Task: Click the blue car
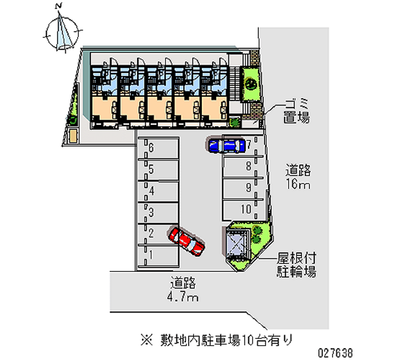click(227, 146)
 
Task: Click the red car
click(186, 241)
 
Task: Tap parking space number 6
click(158, 148)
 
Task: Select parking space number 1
click(158, 256)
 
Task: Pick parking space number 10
click(243, 209)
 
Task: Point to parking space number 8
click(243, 167)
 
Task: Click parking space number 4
click(158, 191)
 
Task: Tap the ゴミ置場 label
click(297, 111)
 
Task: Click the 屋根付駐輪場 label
click(297, 265)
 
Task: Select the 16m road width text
click(298, 184)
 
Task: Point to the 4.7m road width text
click(183, 296)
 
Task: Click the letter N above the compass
click(58, 6)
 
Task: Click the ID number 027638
click(335, 353)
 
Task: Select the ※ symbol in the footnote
click(147, 340)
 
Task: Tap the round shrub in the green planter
click(250, 83)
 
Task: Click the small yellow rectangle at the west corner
click(73, 136)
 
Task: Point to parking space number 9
click(243, 189)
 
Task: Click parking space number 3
click(158, 213)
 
